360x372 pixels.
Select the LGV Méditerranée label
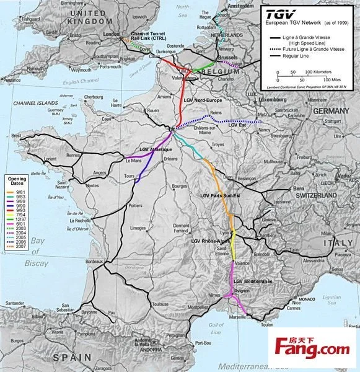(x=253, y=281)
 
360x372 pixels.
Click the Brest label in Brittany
(x=15, y=135)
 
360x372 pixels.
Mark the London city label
(x=111, y=35)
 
